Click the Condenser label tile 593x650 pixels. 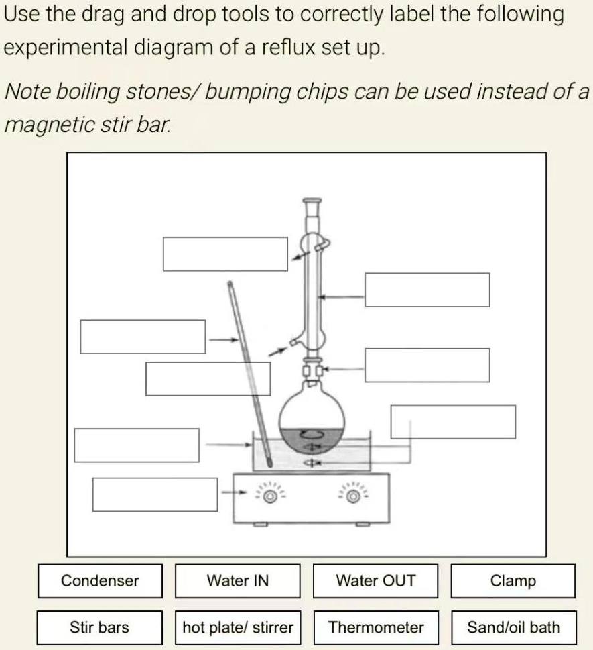click(100, 581)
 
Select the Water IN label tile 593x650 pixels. click(237, 581)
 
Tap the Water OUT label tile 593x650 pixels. click(375, 581)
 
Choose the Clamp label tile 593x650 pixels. click(513, 581)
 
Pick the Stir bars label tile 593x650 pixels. click(100, 628)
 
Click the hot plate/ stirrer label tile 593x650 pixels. click(237, 628)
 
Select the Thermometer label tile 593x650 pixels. click(375, 628)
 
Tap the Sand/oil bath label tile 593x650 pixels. click(513, 628)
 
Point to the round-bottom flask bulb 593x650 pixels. click(312, 419)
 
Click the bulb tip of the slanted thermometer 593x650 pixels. click(268, 462)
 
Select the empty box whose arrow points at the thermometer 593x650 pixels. click(142, 337)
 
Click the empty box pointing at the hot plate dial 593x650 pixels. click(155, 494)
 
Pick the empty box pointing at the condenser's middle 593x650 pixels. click(427, 290)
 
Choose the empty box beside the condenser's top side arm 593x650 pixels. click(225, 254)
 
